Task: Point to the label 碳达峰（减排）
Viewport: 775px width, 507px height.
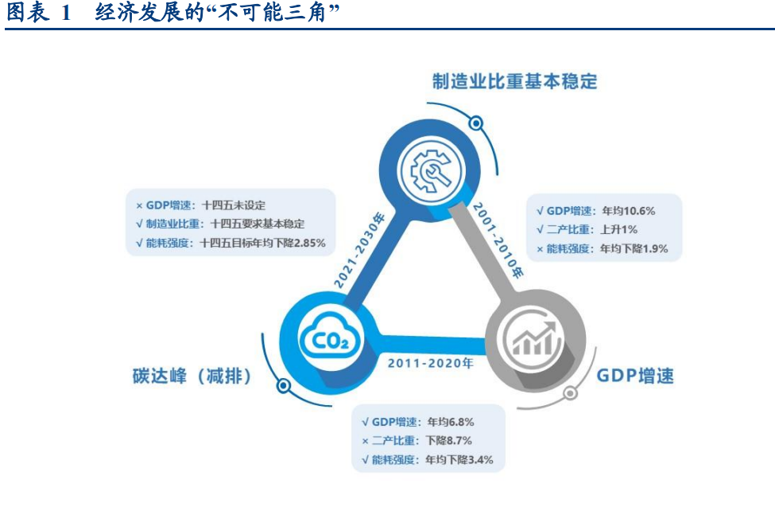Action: [192, 376]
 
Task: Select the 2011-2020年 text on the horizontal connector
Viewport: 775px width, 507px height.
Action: [430, 363]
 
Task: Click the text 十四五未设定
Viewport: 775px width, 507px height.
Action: [234, 205]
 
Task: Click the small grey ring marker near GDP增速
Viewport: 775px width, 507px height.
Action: [570, 395]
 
